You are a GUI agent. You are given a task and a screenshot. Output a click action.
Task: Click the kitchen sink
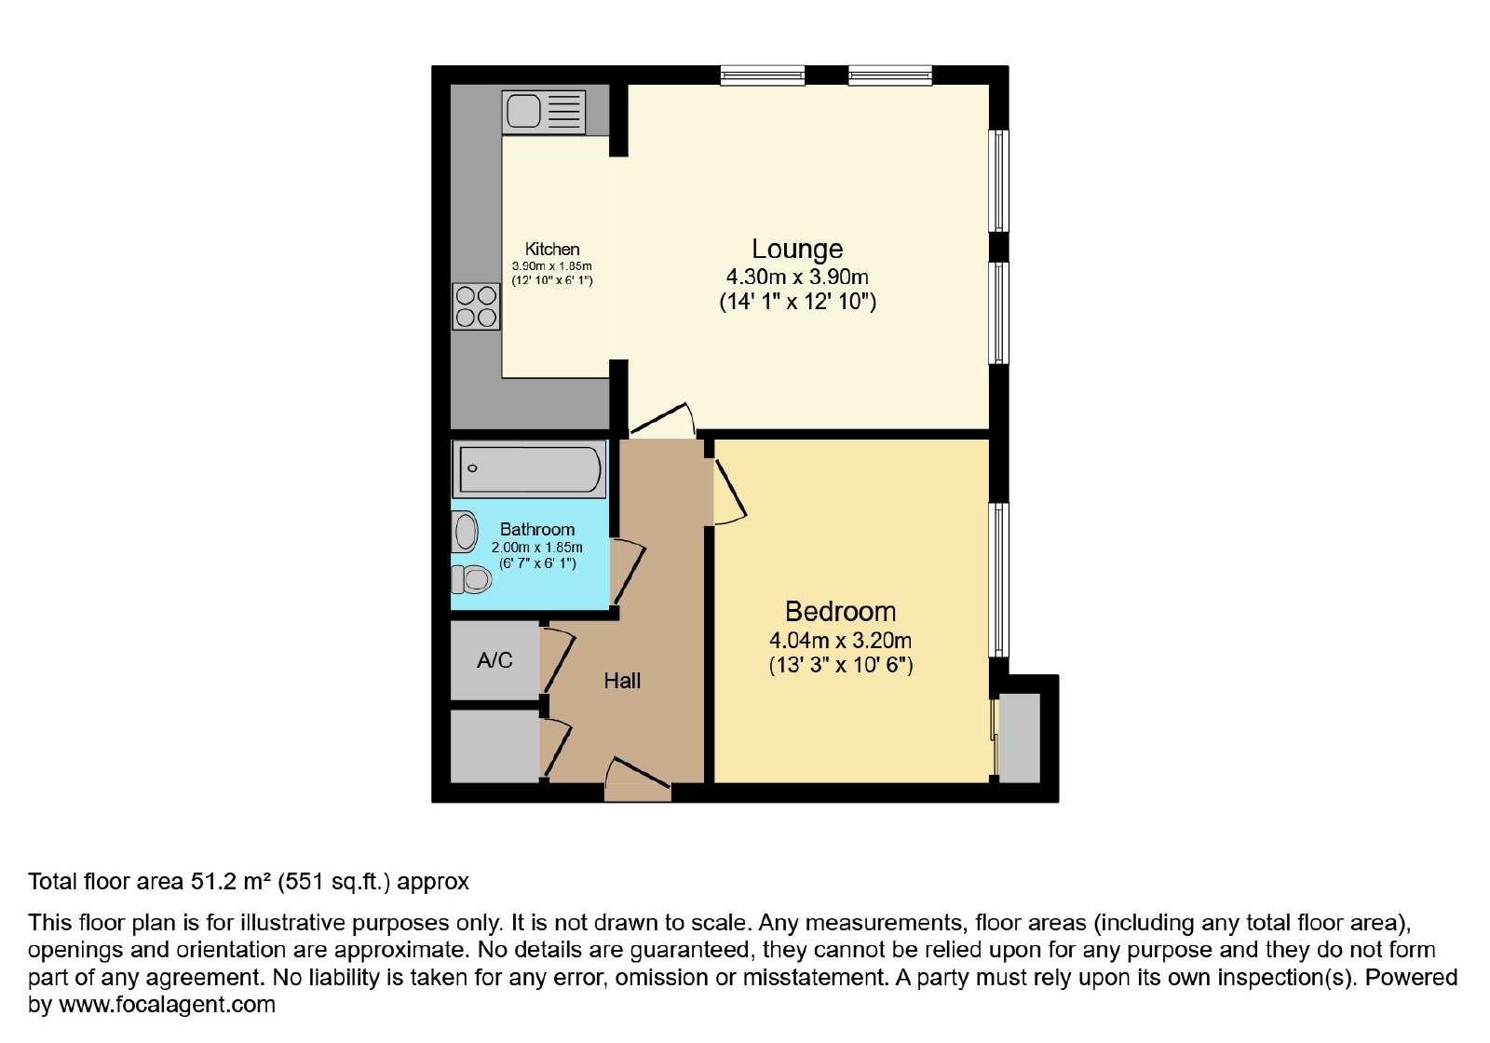click(x=544, y=112)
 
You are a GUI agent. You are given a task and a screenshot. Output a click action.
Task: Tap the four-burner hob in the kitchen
click(x=476, y=306)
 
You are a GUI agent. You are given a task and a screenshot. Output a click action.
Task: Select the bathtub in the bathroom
click(x=530, y=469)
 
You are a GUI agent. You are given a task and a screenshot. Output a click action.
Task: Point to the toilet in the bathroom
click(x=471, y=579)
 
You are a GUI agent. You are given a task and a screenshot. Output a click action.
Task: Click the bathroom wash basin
click(x=465, y=532)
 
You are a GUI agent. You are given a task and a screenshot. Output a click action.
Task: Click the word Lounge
click(x=797, y=249)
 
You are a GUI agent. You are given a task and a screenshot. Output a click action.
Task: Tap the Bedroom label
click(x=840, y=611)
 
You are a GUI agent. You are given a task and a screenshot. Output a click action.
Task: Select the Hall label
click(x=622, y=681)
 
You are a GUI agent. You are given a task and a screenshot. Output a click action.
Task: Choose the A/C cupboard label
click(x=494, y=660)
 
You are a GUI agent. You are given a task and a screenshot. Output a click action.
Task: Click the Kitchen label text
click(x=552, y=250)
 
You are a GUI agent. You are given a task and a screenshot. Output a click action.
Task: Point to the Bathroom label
click(x=536, y=530)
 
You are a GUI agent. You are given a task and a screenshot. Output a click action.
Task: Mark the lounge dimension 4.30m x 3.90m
click(x=797, y=276)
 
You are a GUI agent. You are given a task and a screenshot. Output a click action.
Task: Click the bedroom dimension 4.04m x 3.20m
click(x=840, y=641)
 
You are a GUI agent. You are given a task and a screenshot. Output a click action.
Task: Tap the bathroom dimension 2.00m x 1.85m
click(x=536, y=548)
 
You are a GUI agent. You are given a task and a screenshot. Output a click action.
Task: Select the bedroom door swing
click(x=731, y=490)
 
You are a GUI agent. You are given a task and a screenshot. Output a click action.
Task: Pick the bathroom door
click(x=629, y=574)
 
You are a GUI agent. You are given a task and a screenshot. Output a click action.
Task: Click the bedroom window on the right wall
click(x=999, y=579)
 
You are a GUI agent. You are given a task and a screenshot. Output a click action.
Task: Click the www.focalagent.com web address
click(x=167, y=1004)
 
